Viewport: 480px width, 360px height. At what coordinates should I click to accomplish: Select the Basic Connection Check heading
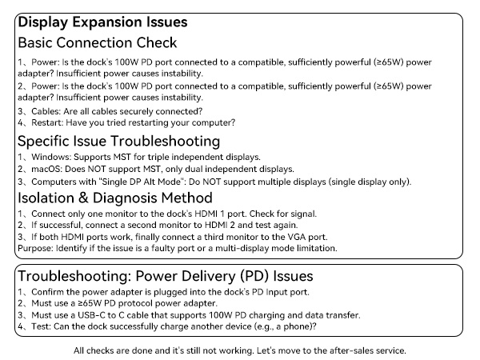[x=97, y=42]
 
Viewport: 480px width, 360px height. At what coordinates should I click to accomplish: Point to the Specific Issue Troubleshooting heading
[x=121, y=141]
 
